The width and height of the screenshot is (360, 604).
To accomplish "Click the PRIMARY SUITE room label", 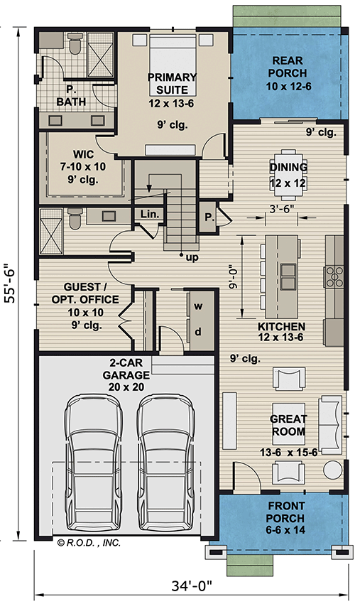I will (x=168, y=82).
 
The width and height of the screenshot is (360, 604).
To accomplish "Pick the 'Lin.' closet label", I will (x=148, y=214).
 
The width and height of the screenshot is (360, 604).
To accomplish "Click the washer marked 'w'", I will (x=198, y=306).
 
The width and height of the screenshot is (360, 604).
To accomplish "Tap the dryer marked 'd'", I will (x=198, y=332).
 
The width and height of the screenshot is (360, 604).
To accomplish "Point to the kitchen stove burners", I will (x=334, y=276).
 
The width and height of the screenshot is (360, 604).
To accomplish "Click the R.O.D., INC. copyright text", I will (x=88, y=543).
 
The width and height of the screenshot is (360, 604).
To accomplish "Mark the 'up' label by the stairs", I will (x=191, y=257).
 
